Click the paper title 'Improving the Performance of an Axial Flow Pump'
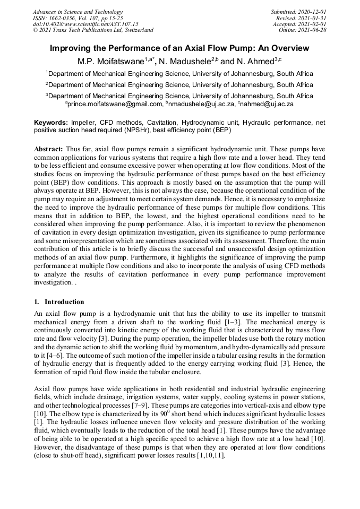179,48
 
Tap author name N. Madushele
183,62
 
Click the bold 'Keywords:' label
51,122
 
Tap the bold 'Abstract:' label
49,150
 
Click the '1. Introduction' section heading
57,302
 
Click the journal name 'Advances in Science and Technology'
78,12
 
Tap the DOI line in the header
85,24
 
